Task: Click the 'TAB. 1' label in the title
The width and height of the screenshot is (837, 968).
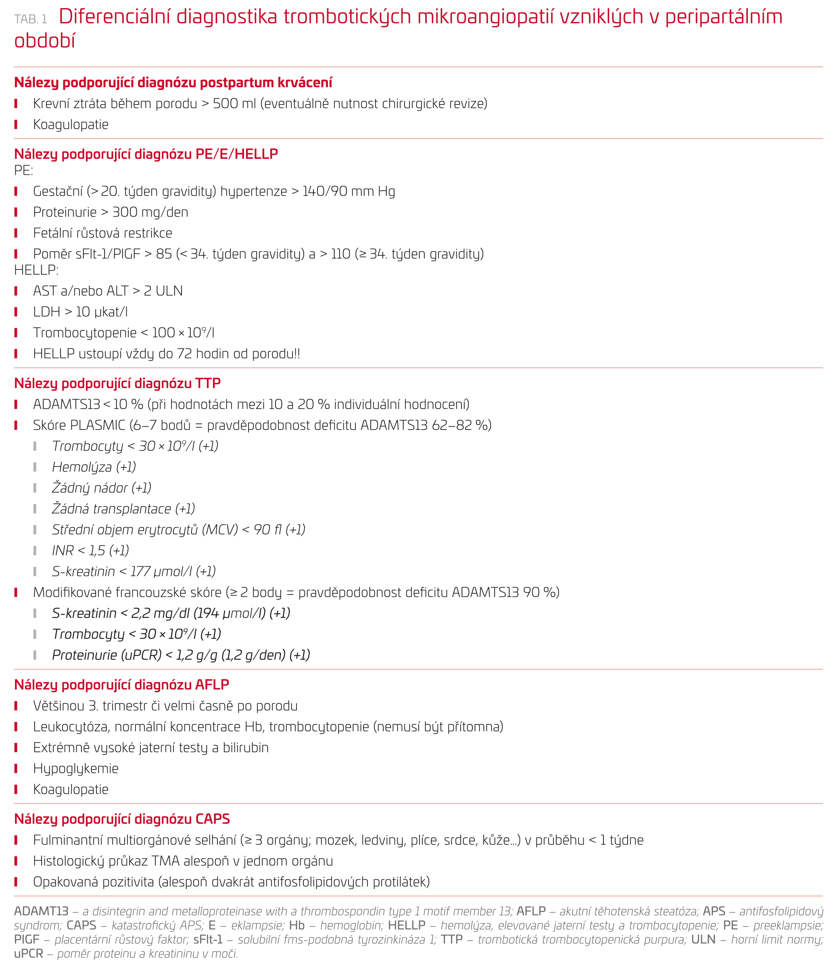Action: [30, 19]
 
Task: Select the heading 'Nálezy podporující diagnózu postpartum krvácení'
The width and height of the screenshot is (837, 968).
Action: [173, 82]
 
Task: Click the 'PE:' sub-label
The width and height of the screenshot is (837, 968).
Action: [23, 170]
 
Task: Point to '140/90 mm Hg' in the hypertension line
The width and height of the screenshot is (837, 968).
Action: [349, 191]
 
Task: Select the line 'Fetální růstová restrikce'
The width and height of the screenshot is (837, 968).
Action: [102, 233]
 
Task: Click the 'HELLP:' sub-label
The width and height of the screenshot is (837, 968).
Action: [36, 269]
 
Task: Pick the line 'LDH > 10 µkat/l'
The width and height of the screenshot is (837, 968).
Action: [80, 312]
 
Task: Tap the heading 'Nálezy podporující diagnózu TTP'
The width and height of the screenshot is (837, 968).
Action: [117, 383]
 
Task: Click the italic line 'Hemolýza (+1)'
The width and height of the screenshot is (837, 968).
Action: [94, 467]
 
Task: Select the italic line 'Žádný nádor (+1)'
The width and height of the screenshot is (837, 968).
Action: [101, 488]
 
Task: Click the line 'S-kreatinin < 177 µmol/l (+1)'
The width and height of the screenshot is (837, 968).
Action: [134, 572]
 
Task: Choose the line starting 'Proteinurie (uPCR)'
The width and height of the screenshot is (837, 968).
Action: [181, 655]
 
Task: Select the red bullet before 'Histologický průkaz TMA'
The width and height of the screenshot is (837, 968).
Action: [16, 861]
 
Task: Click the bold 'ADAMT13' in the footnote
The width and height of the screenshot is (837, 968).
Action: [41, 911]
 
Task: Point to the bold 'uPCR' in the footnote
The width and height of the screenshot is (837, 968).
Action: [29, 953]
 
